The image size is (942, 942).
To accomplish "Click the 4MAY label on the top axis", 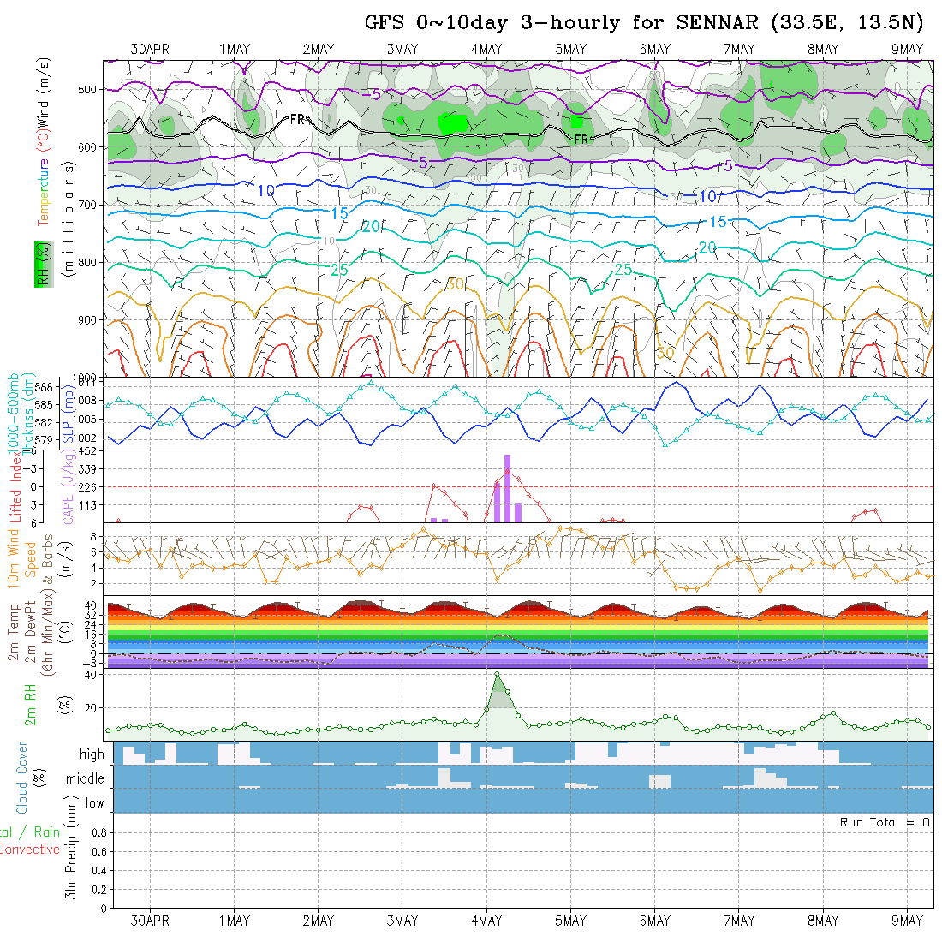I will [x=486, y=50].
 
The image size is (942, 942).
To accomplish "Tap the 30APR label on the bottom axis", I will [x=151, y=921].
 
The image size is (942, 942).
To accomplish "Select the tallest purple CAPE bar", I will [x=508, y=488].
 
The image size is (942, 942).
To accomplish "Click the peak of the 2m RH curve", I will [x=497, y=674].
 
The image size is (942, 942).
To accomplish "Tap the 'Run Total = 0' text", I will [x=885, y=822].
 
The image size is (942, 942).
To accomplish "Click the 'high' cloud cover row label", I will [x=92, y=754].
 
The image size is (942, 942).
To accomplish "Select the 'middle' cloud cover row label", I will [x=86, y=779].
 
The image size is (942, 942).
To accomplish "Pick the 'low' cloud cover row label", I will [x=94, y=803].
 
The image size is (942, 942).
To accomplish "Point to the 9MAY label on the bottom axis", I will [x=907, y=921].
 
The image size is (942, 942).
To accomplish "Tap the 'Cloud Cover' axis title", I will [x=21, y=778].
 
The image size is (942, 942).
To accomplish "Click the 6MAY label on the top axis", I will [x=654, y=50].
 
